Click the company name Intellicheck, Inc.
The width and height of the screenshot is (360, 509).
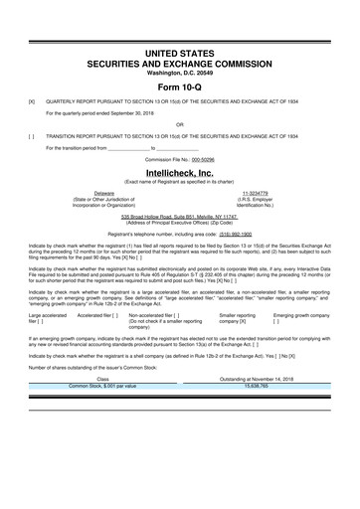[179, 172]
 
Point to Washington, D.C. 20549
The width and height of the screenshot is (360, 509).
[179, 70]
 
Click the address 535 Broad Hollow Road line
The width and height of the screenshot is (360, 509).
[179, 215]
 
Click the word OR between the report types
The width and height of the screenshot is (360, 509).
[179, 124]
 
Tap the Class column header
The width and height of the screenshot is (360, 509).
[101, 378]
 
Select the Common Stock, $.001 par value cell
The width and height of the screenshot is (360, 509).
[101, 385]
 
